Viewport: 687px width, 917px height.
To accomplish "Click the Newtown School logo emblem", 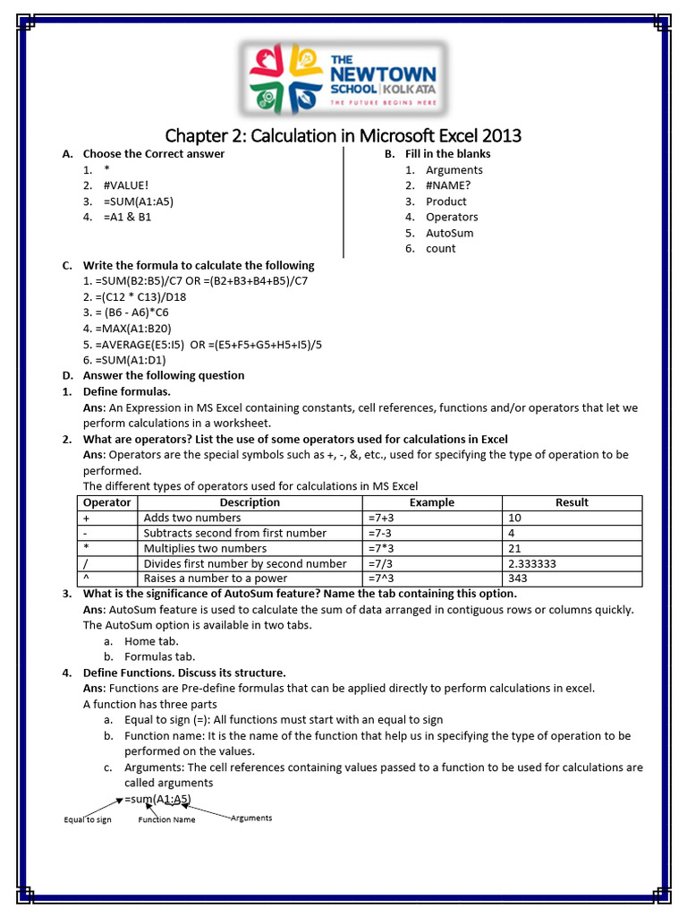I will [285, 78].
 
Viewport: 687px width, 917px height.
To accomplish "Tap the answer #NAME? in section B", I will [448, 185].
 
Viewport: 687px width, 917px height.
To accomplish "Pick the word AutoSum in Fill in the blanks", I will [450, 233].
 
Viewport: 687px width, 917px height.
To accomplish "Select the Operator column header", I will [106, 502].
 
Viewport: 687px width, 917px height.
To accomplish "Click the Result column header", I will [572, 502].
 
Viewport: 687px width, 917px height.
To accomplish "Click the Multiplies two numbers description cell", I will [205, 548].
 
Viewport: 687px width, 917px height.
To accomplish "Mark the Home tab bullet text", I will [151, 640].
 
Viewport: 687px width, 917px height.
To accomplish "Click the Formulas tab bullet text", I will [159, 656].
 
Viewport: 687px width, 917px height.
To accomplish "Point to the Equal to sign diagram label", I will [88, 819].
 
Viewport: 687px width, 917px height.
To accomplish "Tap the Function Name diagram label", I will [166, 819].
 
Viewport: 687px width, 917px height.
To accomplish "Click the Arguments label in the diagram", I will [251, 818].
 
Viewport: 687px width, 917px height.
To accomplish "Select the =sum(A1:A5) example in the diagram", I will [157, 799].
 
